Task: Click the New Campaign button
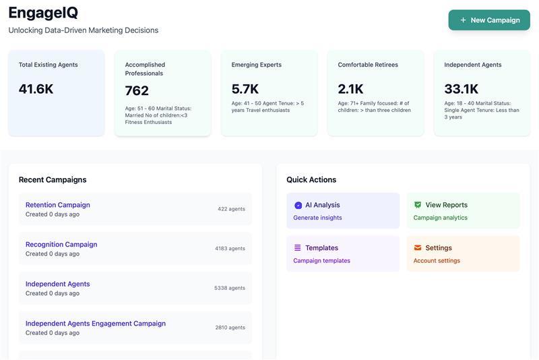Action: tap(489, 20)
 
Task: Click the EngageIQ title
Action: tap(43, 13)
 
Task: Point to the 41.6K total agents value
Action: tap(36, 89)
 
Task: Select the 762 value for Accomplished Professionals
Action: tap(137, 90)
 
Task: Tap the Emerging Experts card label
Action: tap(257, 65)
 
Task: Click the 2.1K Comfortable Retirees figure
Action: tap(350, 89)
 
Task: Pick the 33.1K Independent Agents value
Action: tap(462, 89)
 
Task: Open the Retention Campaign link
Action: tap(58, 205)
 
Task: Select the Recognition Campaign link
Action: tap(61, 245)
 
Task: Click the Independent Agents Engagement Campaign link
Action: tap(96, 324)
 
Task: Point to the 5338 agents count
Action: tap(230, 288)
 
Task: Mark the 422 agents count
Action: tap(231, 209)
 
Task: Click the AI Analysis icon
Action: tap(298, 205)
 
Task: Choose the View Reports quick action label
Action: tap(446, 205)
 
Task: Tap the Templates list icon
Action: tap(298, 248)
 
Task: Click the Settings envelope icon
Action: tap(418, 248)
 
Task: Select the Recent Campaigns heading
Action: tap(53, 180)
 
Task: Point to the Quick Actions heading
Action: tap(311, 180)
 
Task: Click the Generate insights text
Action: tap(317, 218)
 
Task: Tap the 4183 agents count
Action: tap(230, 249)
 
